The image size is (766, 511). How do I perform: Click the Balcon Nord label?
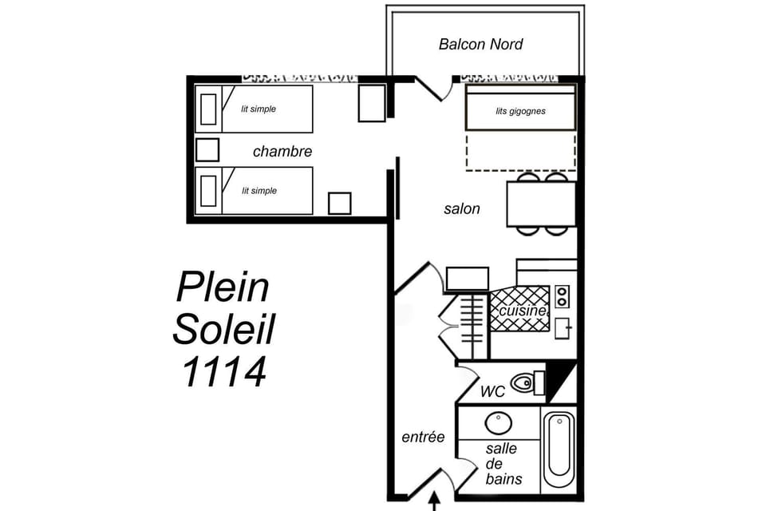tap(480, 44)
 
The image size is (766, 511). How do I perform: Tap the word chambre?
tap(282, 152)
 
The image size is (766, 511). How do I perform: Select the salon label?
tap(462, 209)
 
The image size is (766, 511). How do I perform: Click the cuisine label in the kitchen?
tap(523, 311)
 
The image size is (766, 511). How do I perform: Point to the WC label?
tap(492, 392)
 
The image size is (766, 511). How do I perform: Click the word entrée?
tap(422, 437)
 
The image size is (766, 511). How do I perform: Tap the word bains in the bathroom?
tap(503, 478)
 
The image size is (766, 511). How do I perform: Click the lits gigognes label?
tap(520, 111)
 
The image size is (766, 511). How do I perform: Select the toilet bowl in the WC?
tap(523, 383)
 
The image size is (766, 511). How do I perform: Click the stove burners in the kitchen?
tap(562, 296)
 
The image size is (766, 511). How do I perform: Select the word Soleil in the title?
tap(223, 328)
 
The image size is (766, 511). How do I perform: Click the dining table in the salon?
tap(541, 204)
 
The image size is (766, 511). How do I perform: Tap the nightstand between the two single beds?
tap(207, 149)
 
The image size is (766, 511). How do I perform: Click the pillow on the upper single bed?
tap(208, 109)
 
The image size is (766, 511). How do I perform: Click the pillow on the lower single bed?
tap(208, 191)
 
